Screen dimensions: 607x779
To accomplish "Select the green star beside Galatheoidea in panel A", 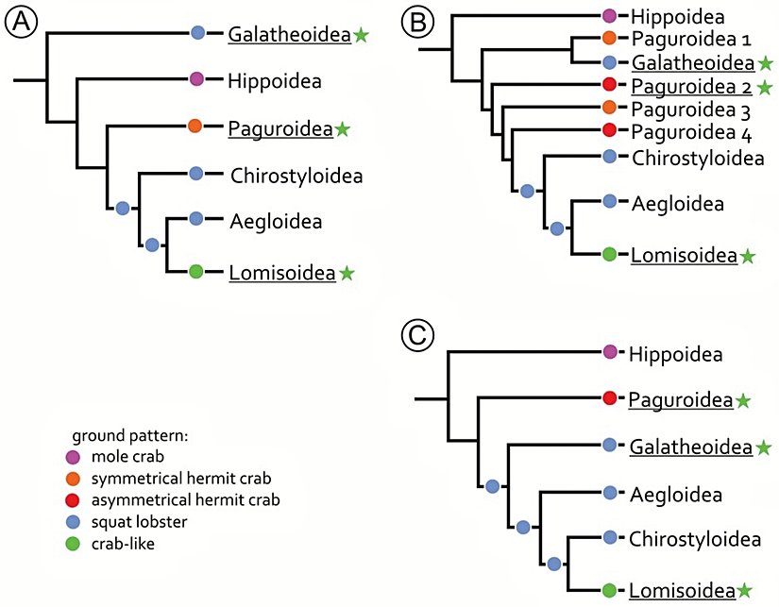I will [x=361, y=35].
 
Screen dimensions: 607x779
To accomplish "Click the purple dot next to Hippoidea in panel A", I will [x=196, y=80].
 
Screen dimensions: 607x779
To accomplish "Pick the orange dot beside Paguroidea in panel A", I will [x=195, y=126].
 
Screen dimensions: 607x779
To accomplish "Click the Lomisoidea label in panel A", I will [x=281, y=274].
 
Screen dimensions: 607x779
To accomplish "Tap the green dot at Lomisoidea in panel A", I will [x=196, y=272].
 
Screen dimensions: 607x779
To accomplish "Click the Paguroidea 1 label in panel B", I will [x=686, y=41].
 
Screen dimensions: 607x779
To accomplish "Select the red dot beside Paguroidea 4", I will [x=609, y=130].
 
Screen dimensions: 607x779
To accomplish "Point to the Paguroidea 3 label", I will [x=686, y=108].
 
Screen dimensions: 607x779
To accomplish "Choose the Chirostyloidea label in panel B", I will [x=697, y=158].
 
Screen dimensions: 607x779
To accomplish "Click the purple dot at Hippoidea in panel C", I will [x=609, y=352].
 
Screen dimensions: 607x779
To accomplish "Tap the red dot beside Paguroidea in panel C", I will [x=609, y=398].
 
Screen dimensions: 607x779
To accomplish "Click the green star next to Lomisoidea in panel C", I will [x=747, y=591].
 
